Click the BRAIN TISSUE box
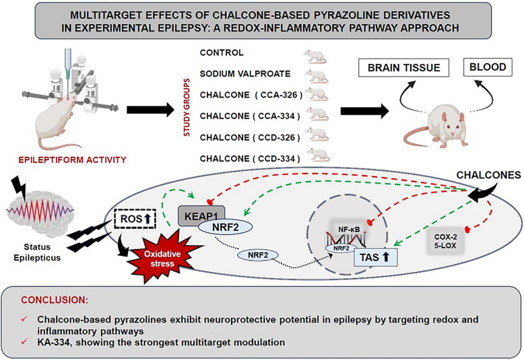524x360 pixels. click(x=403, y=68)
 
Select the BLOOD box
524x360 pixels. click(x=488, y=67)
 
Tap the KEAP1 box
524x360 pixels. click(x=201, y=216)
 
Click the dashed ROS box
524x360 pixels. click(x=135, y=219)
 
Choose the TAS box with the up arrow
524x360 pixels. click(x=375, y=257)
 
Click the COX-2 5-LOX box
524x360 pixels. click(x=445, y=241)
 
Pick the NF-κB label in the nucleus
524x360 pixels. click(x=349, y=229)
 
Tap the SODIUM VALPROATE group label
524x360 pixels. click(x=245, y=74)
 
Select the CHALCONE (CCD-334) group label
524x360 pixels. click(x=250, y=159)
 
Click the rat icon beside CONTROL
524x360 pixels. click(x=315, y=56)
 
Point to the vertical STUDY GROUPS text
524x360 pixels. click(x=187, y=107)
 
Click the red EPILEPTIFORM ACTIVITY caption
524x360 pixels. click(x=72, y=160)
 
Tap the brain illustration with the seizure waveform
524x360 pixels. click(x=40, y=213)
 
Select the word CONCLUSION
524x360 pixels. click(x=55, y=300)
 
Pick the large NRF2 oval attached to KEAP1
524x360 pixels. click(x=225, y=227)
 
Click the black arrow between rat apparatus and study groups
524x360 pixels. click(x=151, y=110)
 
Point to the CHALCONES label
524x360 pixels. click(x=488, y=175)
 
